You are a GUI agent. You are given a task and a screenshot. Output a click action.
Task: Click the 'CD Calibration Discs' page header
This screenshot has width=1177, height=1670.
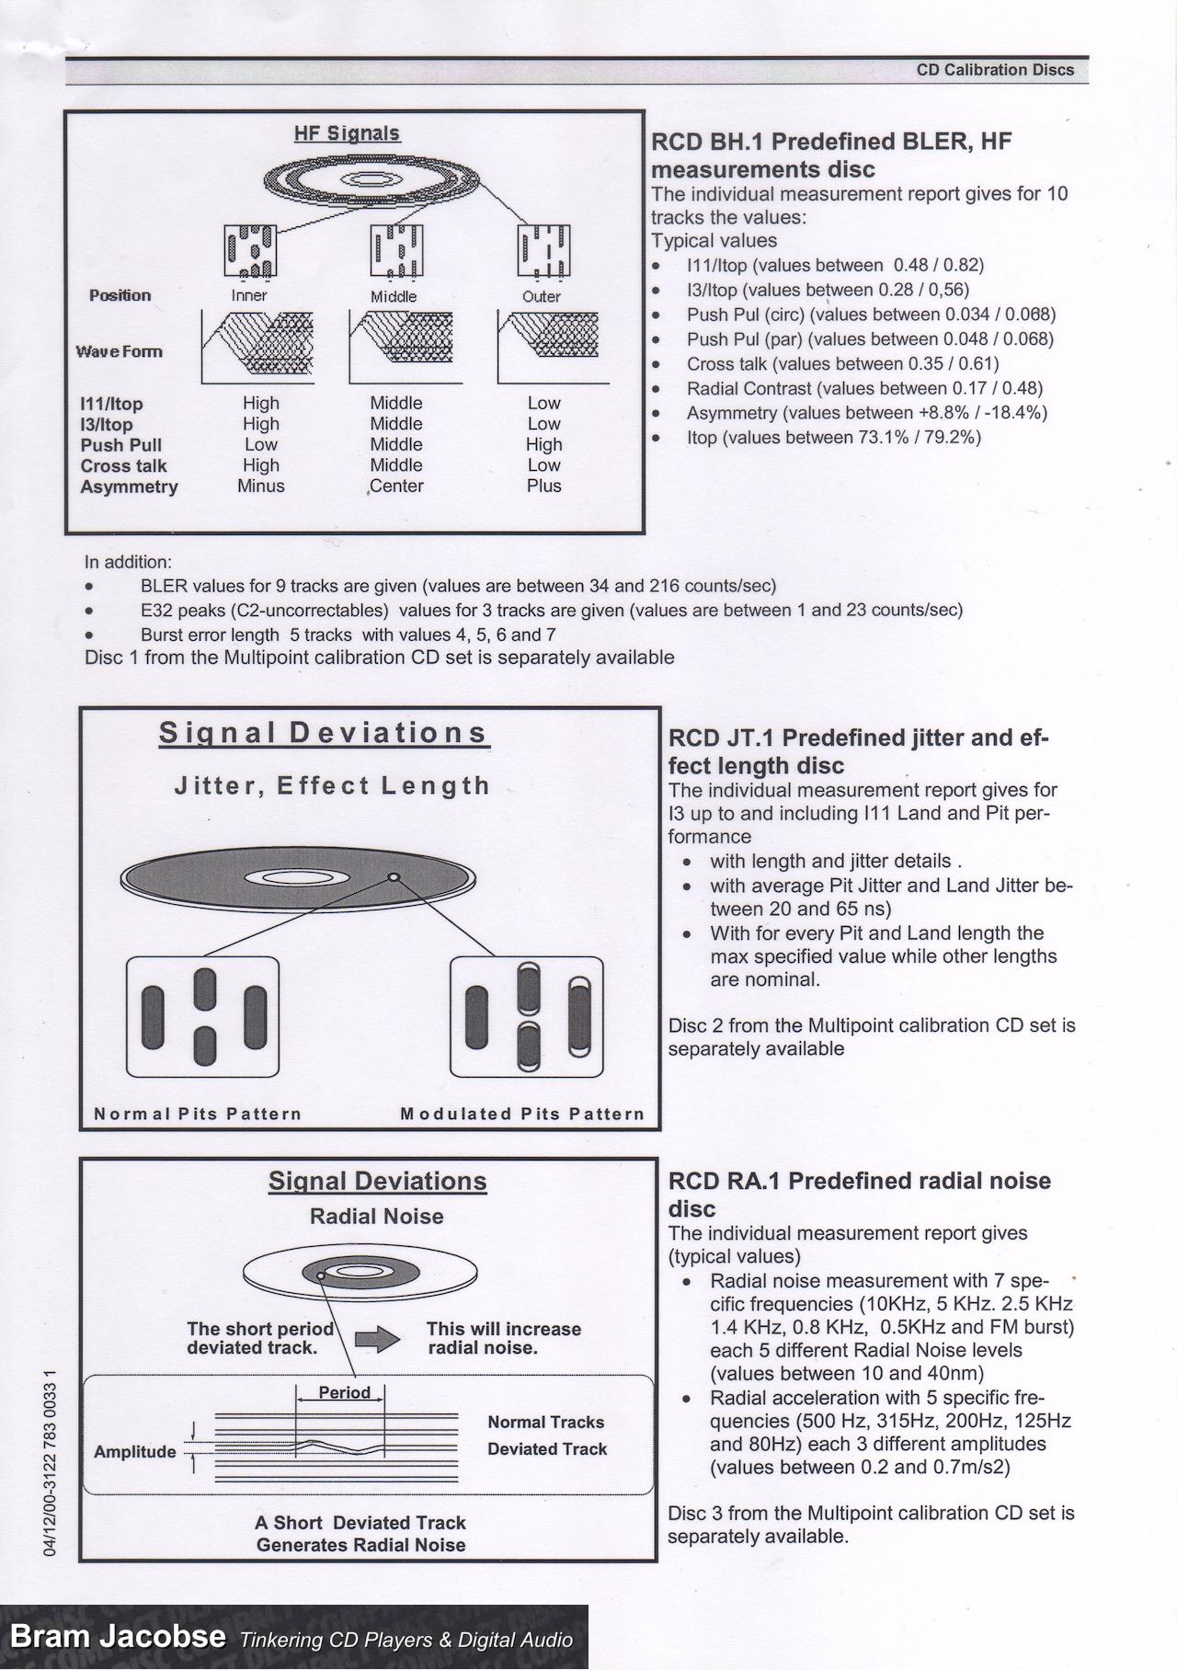994,70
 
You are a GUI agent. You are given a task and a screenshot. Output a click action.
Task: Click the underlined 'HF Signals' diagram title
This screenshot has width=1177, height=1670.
347,133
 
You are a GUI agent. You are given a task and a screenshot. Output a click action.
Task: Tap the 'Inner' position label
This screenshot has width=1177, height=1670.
248,296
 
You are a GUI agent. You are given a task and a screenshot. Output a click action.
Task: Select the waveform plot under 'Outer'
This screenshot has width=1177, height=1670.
553,347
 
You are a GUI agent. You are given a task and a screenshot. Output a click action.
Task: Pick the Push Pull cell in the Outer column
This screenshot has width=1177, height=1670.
543,445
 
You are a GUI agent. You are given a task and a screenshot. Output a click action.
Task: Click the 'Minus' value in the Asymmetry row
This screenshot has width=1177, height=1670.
260,486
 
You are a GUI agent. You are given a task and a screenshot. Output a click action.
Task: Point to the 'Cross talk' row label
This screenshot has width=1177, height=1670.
123,466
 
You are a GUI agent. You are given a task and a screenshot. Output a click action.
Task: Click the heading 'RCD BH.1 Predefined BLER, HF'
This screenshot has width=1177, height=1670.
830,142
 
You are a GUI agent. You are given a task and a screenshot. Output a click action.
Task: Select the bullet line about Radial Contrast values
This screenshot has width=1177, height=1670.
863,389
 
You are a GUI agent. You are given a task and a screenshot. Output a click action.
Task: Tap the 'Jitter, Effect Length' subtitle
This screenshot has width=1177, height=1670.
332,786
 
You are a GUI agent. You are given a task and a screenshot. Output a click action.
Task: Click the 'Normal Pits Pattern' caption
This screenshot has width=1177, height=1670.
198,1115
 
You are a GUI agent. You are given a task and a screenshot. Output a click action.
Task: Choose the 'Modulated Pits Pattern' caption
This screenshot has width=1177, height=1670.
522,1115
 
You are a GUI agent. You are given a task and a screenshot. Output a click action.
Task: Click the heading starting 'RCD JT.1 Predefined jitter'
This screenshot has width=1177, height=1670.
857,738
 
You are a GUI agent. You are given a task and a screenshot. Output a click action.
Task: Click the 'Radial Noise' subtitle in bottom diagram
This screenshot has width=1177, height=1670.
376,1217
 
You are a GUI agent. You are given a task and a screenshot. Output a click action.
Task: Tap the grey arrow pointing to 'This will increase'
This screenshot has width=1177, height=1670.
377,1340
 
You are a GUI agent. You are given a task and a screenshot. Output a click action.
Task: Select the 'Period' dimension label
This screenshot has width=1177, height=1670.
344,1392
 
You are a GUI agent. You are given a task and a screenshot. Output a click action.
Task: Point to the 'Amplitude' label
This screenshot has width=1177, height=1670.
134,1452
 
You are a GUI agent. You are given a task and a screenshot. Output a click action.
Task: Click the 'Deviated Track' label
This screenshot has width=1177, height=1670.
547,1449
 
